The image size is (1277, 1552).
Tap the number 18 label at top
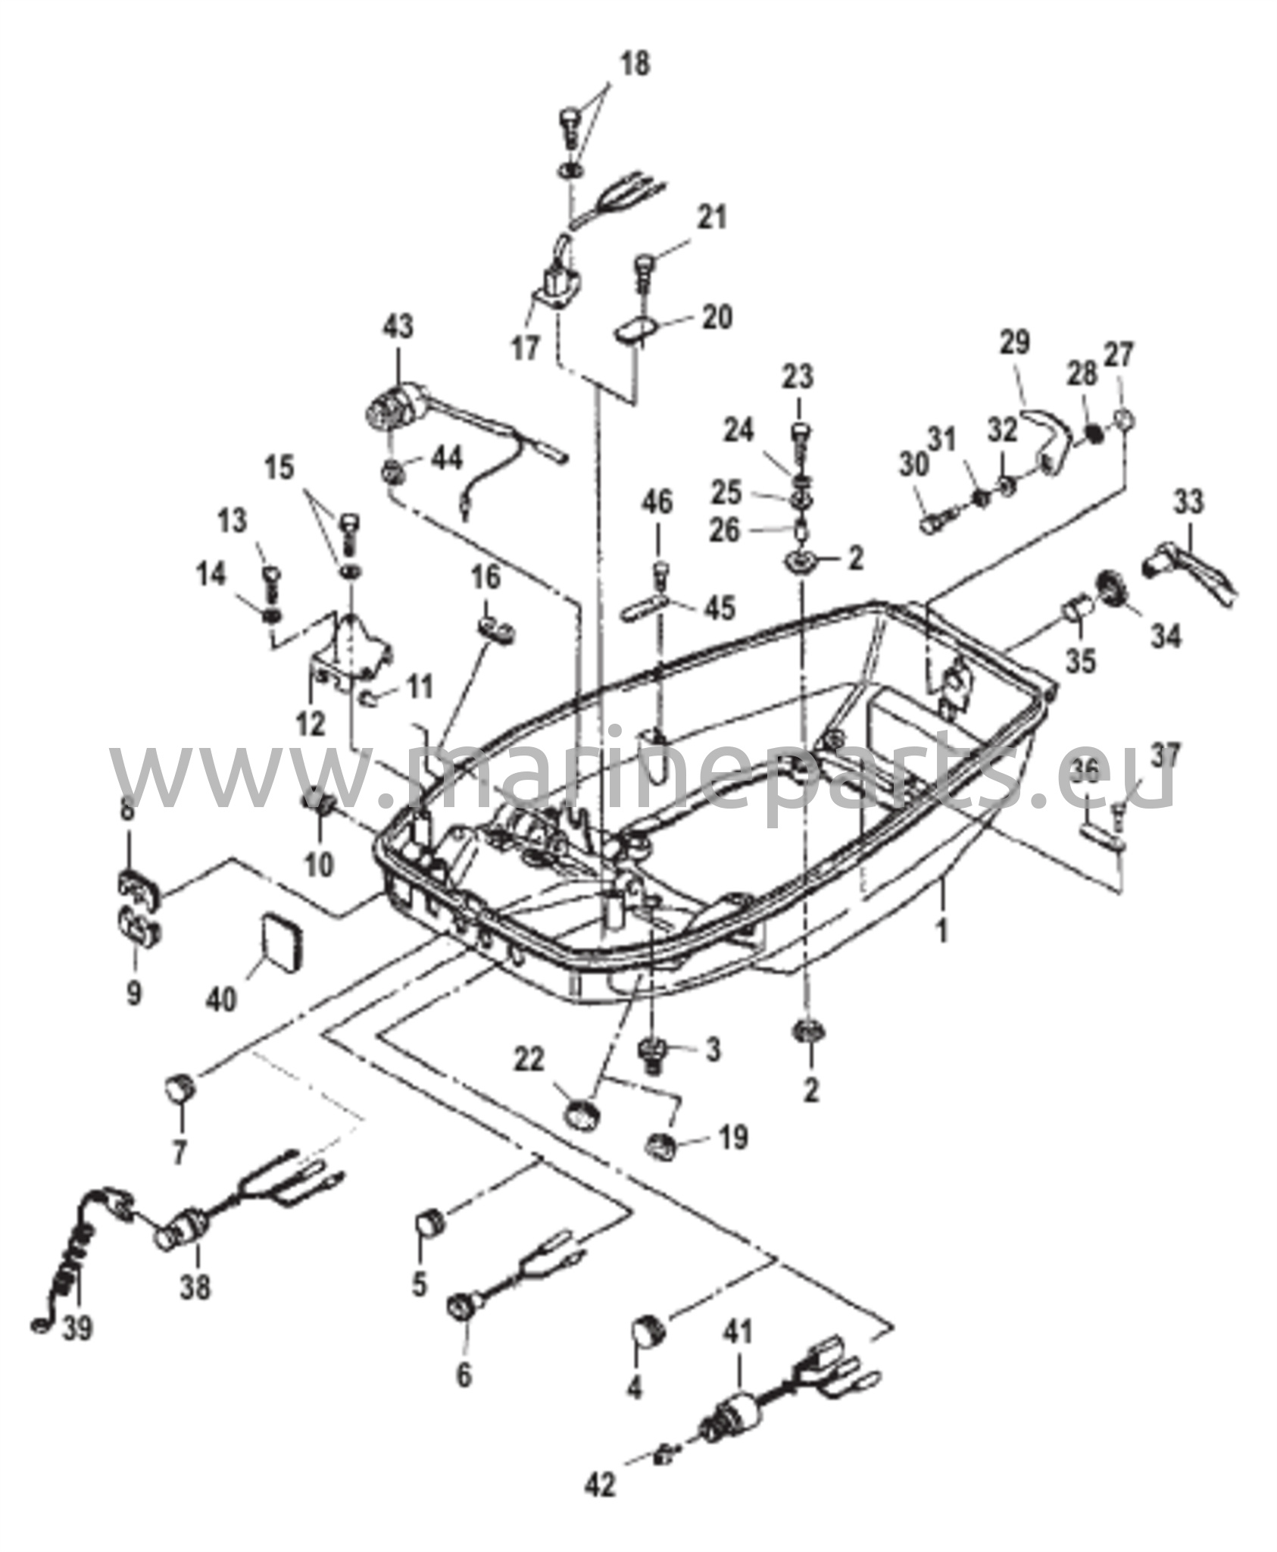(636, 64)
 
